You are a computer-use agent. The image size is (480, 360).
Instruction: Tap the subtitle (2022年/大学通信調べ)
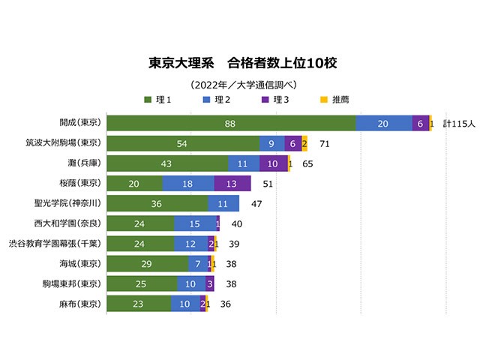point(240,84)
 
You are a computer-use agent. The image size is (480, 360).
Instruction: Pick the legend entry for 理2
point(216,100)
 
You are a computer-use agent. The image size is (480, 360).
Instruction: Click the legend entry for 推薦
point(334,100)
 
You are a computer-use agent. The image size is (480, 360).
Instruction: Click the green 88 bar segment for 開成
point(231,123)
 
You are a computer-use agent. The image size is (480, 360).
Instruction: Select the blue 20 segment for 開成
point(383,123)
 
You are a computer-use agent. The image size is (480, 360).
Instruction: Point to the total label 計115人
point(458,123)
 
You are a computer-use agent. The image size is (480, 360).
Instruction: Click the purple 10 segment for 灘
point(273,163)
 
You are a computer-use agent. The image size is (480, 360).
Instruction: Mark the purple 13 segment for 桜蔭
point(232,183)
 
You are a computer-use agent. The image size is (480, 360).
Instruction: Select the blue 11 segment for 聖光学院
point(223,203)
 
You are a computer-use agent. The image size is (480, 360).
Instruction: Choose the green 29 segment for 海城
point(148,264)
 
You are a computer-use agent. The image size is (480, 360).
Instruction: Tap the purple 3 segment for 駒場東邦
point(210,284)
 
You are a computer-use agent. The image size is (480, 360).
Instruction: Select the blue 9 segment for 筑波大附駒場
point(271,143)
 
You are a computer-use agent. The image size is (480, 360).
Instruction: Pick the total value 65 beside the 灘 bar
point(307,163)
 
